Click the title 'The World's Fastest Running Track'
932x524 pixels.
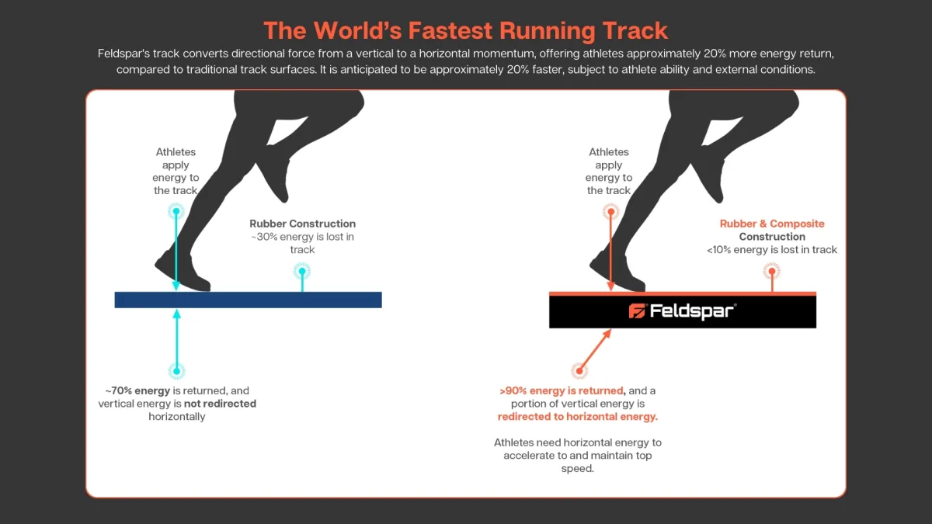point(465,31)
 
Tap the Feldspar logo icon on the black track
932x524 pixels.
point(637,311)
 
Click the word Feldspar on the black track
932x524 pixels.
point(691,311)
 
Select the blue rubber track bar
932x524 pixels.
point(248,300)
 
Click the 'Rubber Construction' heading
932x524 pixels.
point(302,224)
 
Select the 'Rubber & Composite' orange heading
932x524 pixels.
point(772,224)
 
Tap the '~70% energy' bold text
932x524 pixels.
point(137,391)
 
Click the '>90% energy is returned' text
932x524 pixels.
point(562,391)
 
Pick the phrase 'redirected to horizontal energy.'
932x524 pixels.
point(578,417)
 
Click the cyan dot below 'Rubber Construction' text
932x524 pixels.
point(302,272)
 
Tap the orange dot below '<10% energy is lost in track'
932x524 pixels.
point(772,272)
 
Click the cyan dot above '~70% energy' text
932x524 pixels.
point(177,371)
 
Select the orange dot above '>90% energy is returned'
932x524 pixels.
point(579,370)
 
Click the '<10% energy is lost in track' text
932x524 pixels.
point(772,249)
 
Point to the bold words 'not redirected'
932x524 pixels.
point(220,404)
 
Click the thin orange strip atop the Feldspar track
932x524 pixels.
point(683,293)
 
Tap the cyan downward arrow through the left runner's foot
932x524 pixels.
point(176,249)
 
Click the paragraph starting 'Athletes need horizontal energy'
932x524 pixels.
point(578,456)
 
